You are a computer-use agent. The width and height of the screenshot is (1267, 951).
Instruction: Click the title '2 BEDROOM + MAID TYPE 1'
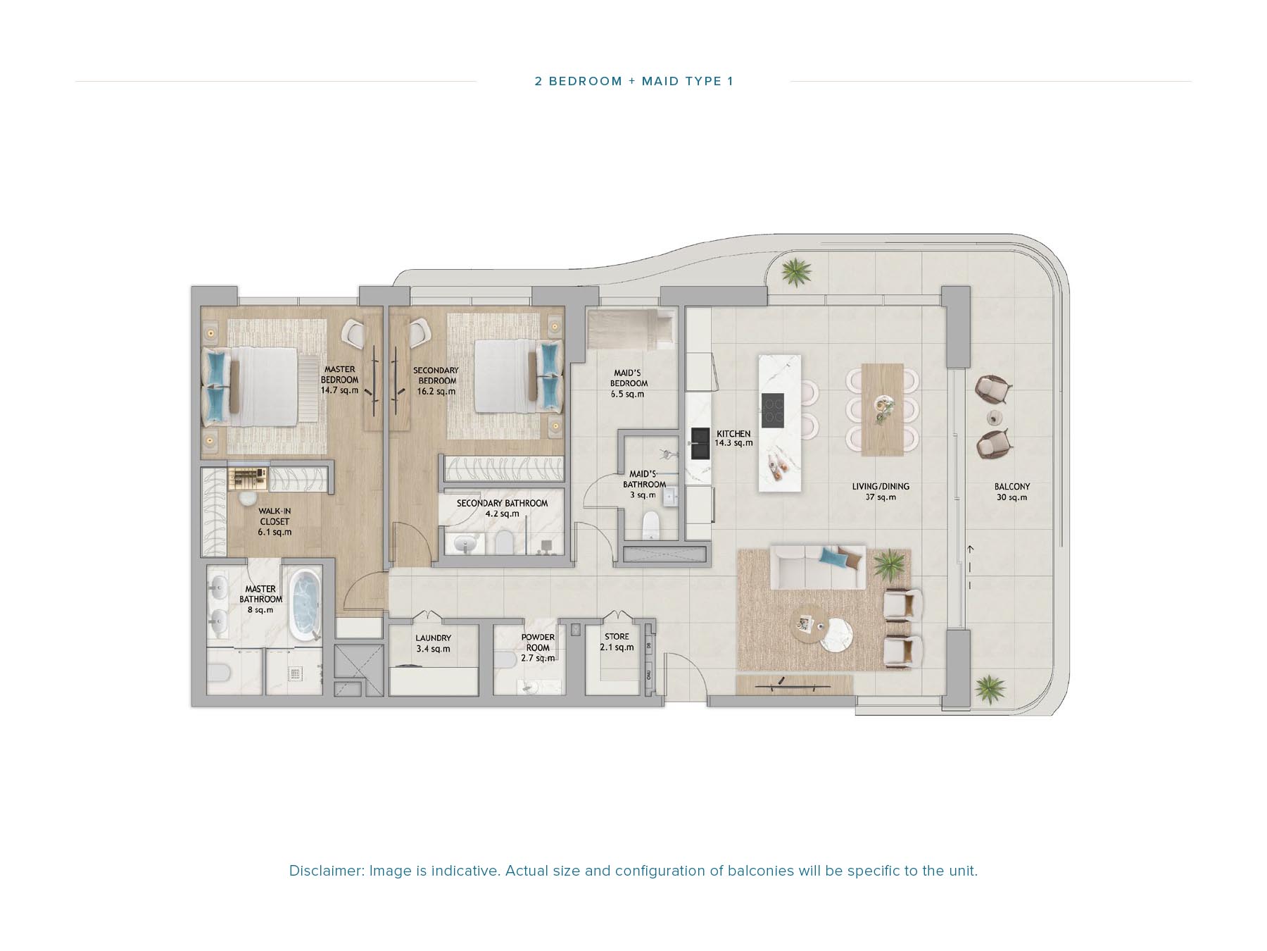633,81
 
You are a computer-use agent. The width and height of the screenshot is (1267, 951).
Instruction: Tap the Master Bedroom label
339,380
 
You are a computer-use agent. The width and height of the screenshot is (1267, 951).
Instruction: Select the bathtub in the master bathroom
305,605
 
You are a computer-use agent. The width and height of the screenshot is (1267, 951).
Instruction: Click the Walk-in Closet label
274,521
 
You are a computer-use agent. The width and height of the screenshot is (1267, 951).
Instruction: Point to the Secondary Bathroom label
502,508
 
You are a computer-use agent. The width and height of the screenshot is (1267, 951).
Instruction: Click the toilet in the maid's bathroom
651,526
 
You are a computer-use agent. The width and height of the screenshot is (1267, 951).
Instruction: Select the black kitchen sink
700,443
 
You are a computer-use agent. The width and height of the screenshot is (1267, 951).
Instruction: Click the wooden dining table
882,409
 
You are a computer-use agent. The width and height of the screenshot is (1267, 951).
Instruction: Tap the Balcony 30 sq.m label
1011,492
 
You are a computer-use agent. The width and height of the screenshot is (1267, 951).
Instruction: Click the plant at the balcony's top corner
795,271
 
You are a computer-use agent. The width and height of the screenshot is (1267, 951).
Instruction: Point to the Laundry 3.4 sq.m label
433,643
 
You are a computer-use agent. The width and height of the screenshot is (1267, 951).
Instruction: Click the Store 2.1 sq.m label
617,642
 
